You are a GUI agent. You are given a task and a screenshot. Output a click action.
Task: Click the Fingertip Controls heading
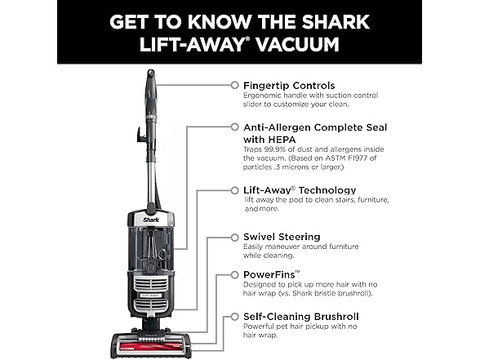[x=289, y=84]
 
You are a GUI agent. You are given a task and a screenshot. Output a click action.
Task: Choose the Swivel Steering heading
[x=282, y=237]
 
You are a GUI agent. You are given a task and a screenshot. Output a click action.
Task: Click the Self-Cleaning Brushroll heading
[x=300, y=314]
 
